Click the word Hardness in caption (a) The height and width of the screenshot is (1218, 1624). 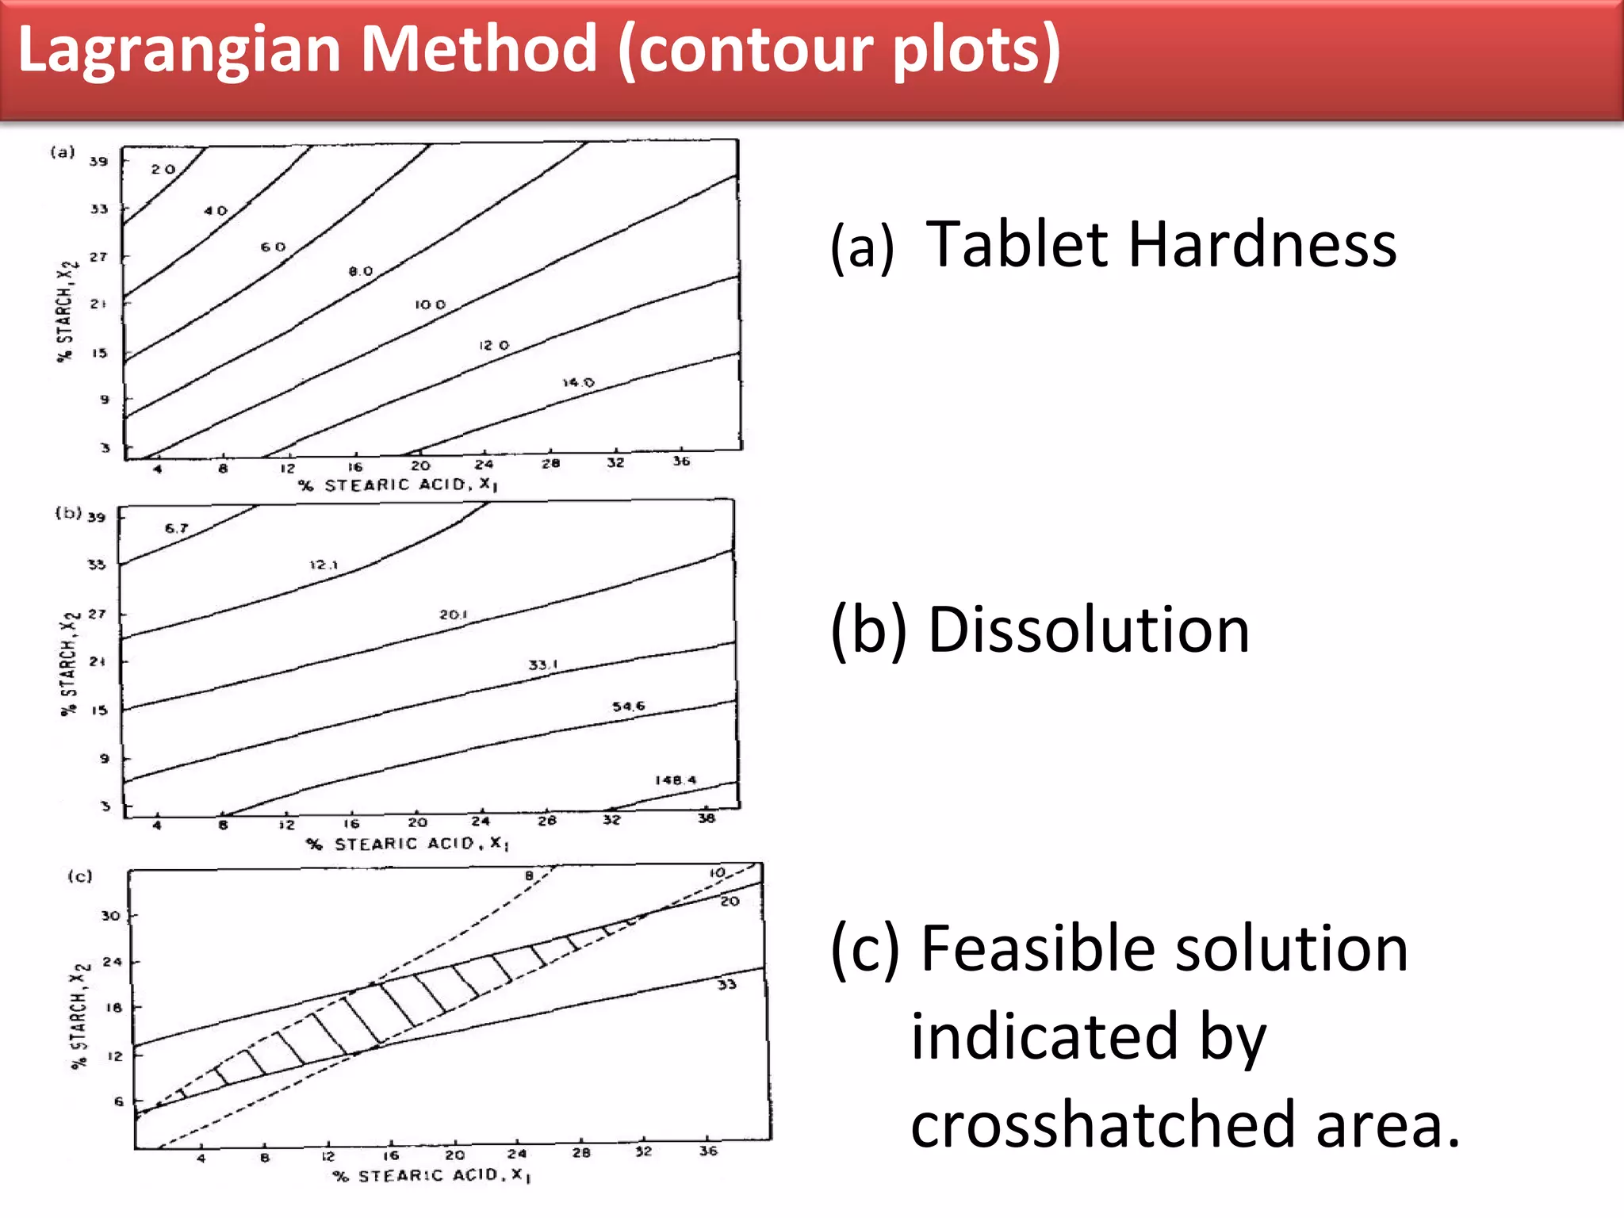coord(1262,245)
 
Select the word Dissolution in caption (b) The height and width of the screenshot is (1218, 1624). coord(1089,630)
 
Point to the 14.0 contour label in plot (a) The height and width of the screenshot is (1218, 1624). coord(578,382)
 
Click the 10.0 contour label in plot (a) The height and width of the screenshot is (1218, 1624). coord(430,304)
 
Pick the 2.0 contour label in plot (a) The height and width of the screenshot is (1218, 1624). coord(163,169)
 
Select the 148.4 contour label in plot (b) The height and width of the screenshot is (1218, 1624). coord(676,780)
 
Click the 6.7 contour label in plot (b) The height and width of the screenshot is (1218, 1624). coord(177,528)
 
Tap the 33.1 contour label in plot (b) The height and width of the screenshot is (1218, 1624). coord(543,665)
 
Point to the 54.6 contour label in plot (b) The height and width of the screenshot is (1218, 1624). coord(629,706)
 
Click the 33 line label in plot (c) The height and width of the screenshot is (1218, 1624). coord(727,985)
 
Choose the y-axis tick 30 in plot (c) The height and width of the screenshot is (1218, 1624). coord(110,916)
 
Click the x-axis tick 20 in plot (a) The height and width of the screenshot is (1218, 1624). coord(420,466)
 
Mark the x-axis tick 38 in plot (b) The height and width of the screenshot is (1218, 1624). coord(707,818)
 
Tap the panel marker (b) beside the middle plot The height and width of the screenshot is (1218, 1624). coord(68,513)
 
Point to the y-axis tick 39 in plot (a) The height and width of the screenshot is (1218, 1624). coord(98,161)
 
